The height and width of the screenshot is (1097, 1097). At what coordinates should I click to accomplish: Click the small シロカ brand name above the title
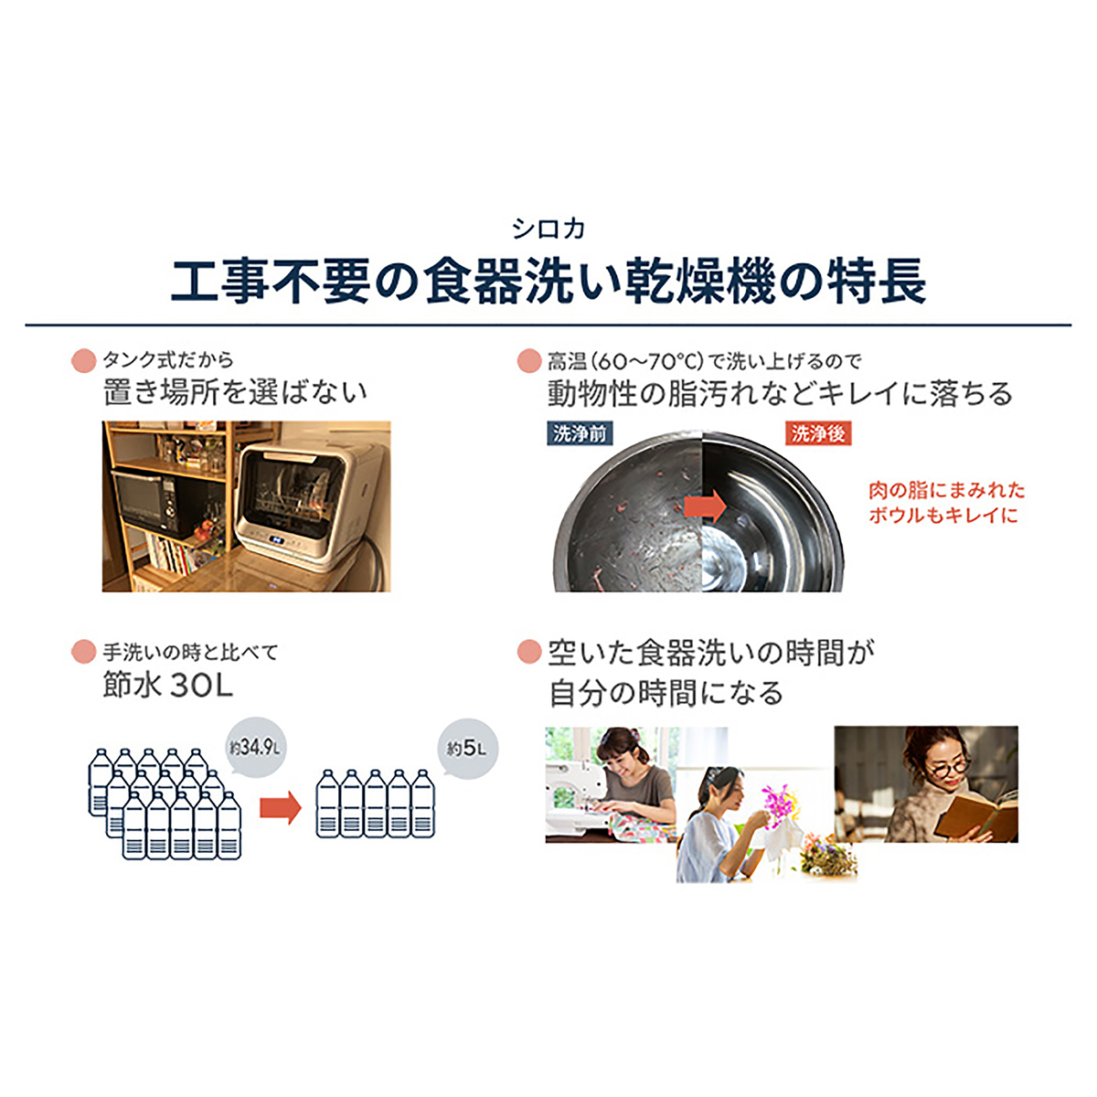(x=548, y=229)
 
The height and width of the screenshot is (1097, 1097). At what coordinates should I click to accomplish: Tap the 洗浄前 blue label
(x=580, y=434)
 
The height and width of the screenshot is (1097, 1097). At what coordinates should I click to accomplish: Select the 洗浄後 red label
(x=818, y=434)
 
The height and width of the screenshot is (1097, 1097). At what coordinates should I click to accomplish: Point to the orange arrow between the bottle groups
(x=280, y=807)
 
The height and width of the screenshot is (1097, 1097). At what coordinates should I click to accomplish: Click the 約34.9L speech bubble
(x=255, y=747)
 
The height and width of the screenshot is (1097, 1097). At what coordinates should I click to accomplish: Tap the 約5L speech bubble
(x=467, y=748)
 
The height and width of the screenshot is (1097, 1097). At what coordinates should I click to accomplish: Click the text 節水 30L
(x=168, y=687)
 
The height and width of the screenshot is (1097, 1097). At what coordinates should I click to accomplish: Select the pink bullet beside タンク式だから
(x=84, y=361)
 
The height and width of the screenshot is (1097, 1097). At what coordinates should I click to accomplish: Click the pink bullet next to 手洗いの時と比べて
(x=84, y=652)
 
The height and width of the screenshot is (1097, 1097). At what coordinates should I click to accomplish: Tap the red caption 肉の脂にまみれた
(x=946, y=490)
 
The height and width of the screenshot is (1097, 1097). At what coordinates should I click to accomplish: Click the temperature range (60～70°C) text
(x=646, y=361)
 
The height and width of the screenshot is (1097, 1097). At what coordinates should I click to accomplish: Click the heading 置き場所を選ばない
(x=235, y=392)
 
